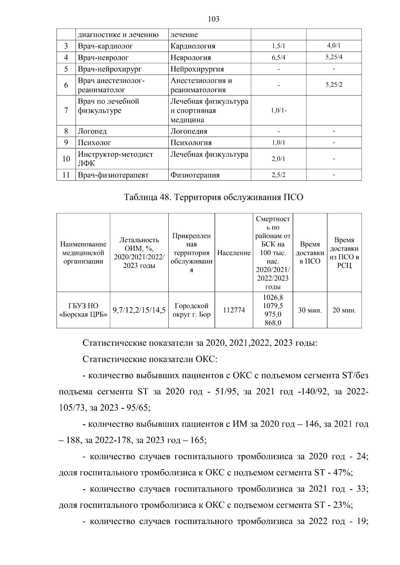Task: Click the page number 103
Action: tap(213, 19)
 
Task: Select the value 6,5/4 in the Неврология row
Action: tap(278, 58)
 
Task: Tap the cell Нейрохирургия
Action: tap(197, 69)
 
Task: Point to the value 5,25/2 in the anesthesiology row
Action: tap(334, 85)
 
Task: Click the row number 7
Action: tap(66, 110)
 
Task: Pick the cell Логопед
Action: tap(92, 131)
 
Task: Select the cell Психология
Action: tap(191, 143)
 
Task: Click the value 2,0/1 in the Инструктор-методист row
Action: tap(278, 159)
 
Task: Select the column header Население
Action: tap(234, 253)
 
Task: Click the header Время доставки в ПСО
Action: tap(310, 253)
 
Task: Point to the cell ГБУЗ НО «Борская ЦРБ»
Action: tap(83, 310)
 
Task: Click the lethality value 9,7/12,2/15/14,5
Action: tap(139, 310)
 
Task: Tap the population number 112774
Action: tap(234, 310)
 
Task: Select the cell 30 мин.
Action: tap(310, 310)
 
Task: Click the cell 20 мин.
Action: tap(344, 310)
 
